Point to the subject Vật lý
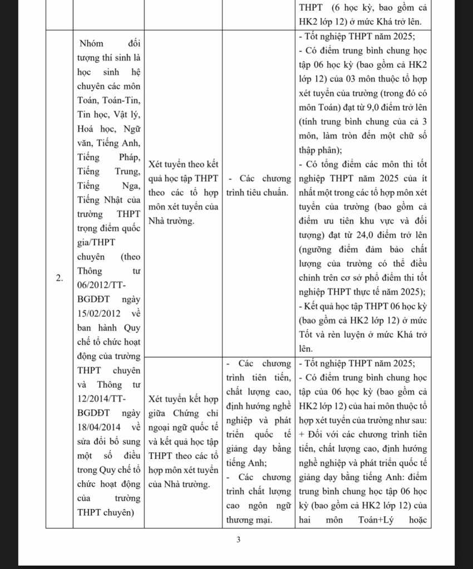pyautogui.click(x=129, y=114)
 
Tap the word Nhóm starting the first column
pyautogui.click(x=92, y=43)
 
